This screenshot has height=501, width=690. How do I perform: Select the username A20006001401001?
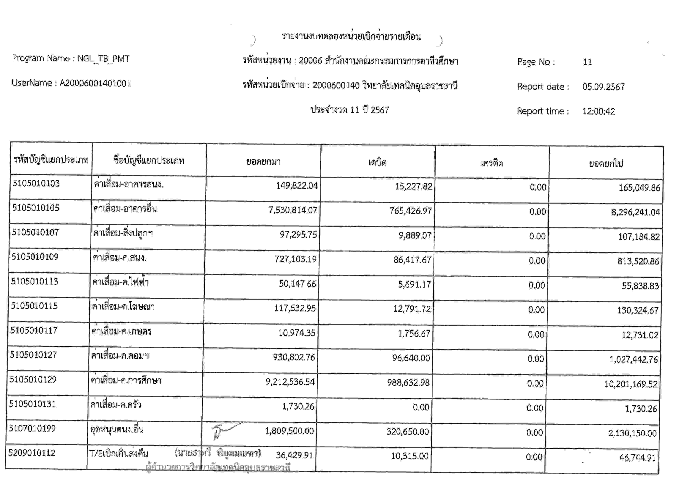click(x=95, y=83)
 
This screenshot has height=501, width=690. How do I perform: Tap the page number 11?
click(x=587, y=62)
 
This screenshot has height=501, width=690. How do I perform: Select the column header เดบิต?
click(x=377, y=163)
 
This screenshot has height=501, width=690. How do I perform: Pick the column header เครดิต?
click(x=492, y=163)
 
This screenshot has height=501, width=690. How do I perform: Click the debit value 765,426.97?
click(x=411, y=211)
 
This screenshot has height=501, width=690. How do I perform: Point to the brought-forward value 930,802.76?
click(x=294, y=357)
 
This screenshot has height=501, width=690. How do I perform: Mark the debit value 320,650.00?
click(x=407, y=432)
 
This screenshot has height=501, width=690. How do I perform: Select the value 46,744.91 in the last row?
click(x=637, y=458)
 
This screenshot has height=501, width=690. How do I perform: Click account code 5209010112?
click(x=32, y=453)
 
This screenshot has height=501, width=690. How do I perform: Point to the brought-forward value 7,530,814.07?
click(x=293, y=210)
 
